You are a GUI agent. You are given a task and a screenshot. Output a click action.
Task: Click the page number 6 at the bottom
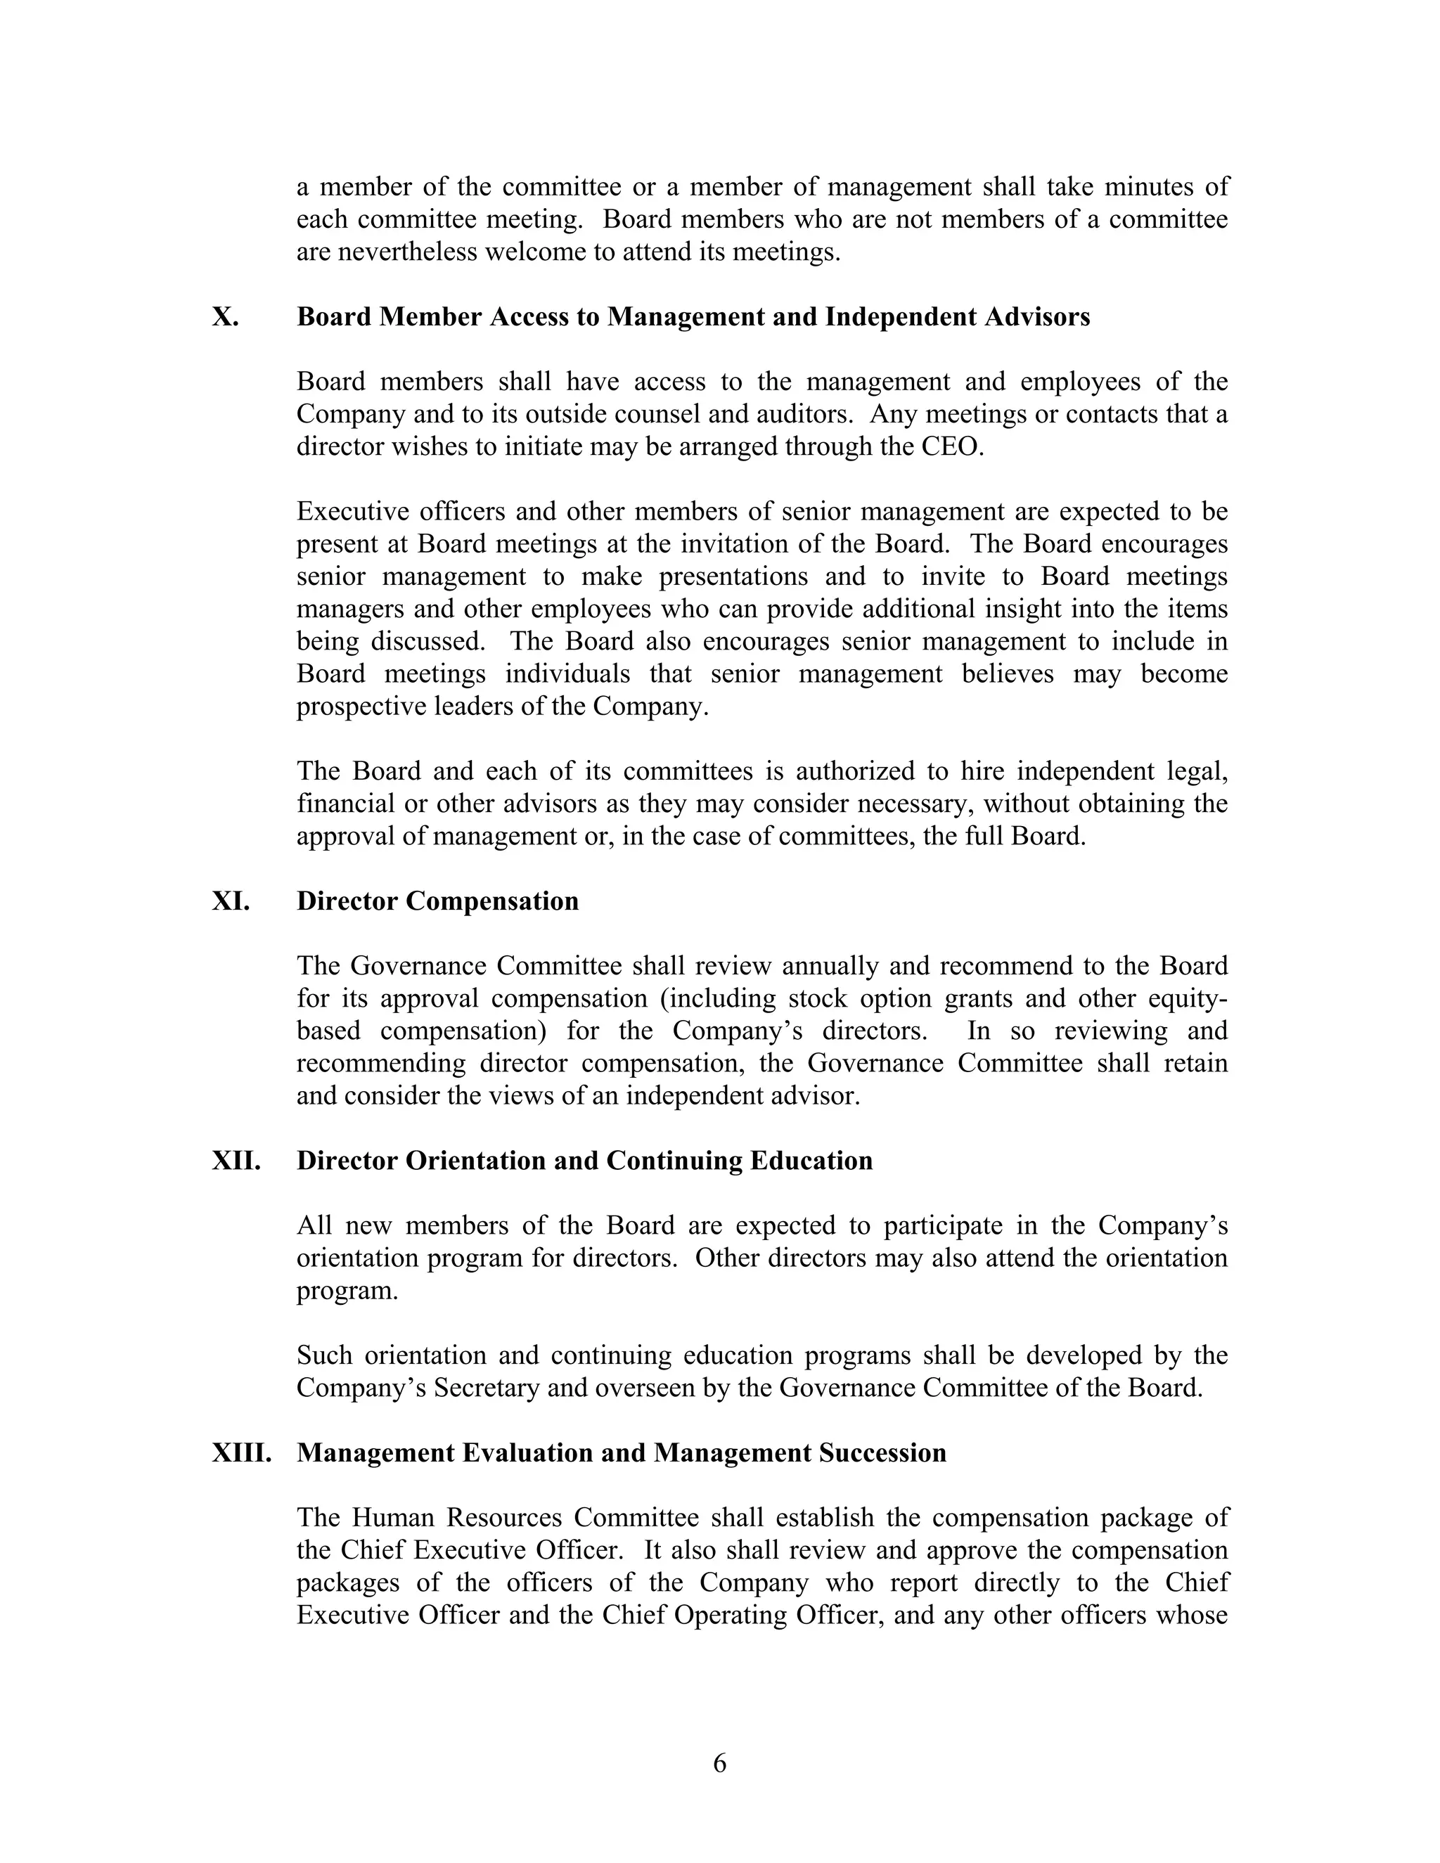[719, 1763]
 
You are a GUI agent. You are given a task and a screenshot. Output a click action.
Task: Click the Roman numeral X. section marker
[225, 317]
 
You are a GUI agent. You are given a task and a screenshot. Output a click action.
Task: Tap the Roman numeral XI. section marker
[231, 902]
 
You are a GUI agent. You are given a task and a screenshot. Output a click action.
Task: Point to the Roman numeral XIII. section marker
[241, 1454]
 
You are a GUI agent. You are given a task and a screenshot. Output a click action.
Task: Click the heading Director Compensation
[437, 902]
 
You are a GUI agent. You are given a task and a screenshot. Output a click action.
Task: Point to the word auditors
[804, 415]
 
